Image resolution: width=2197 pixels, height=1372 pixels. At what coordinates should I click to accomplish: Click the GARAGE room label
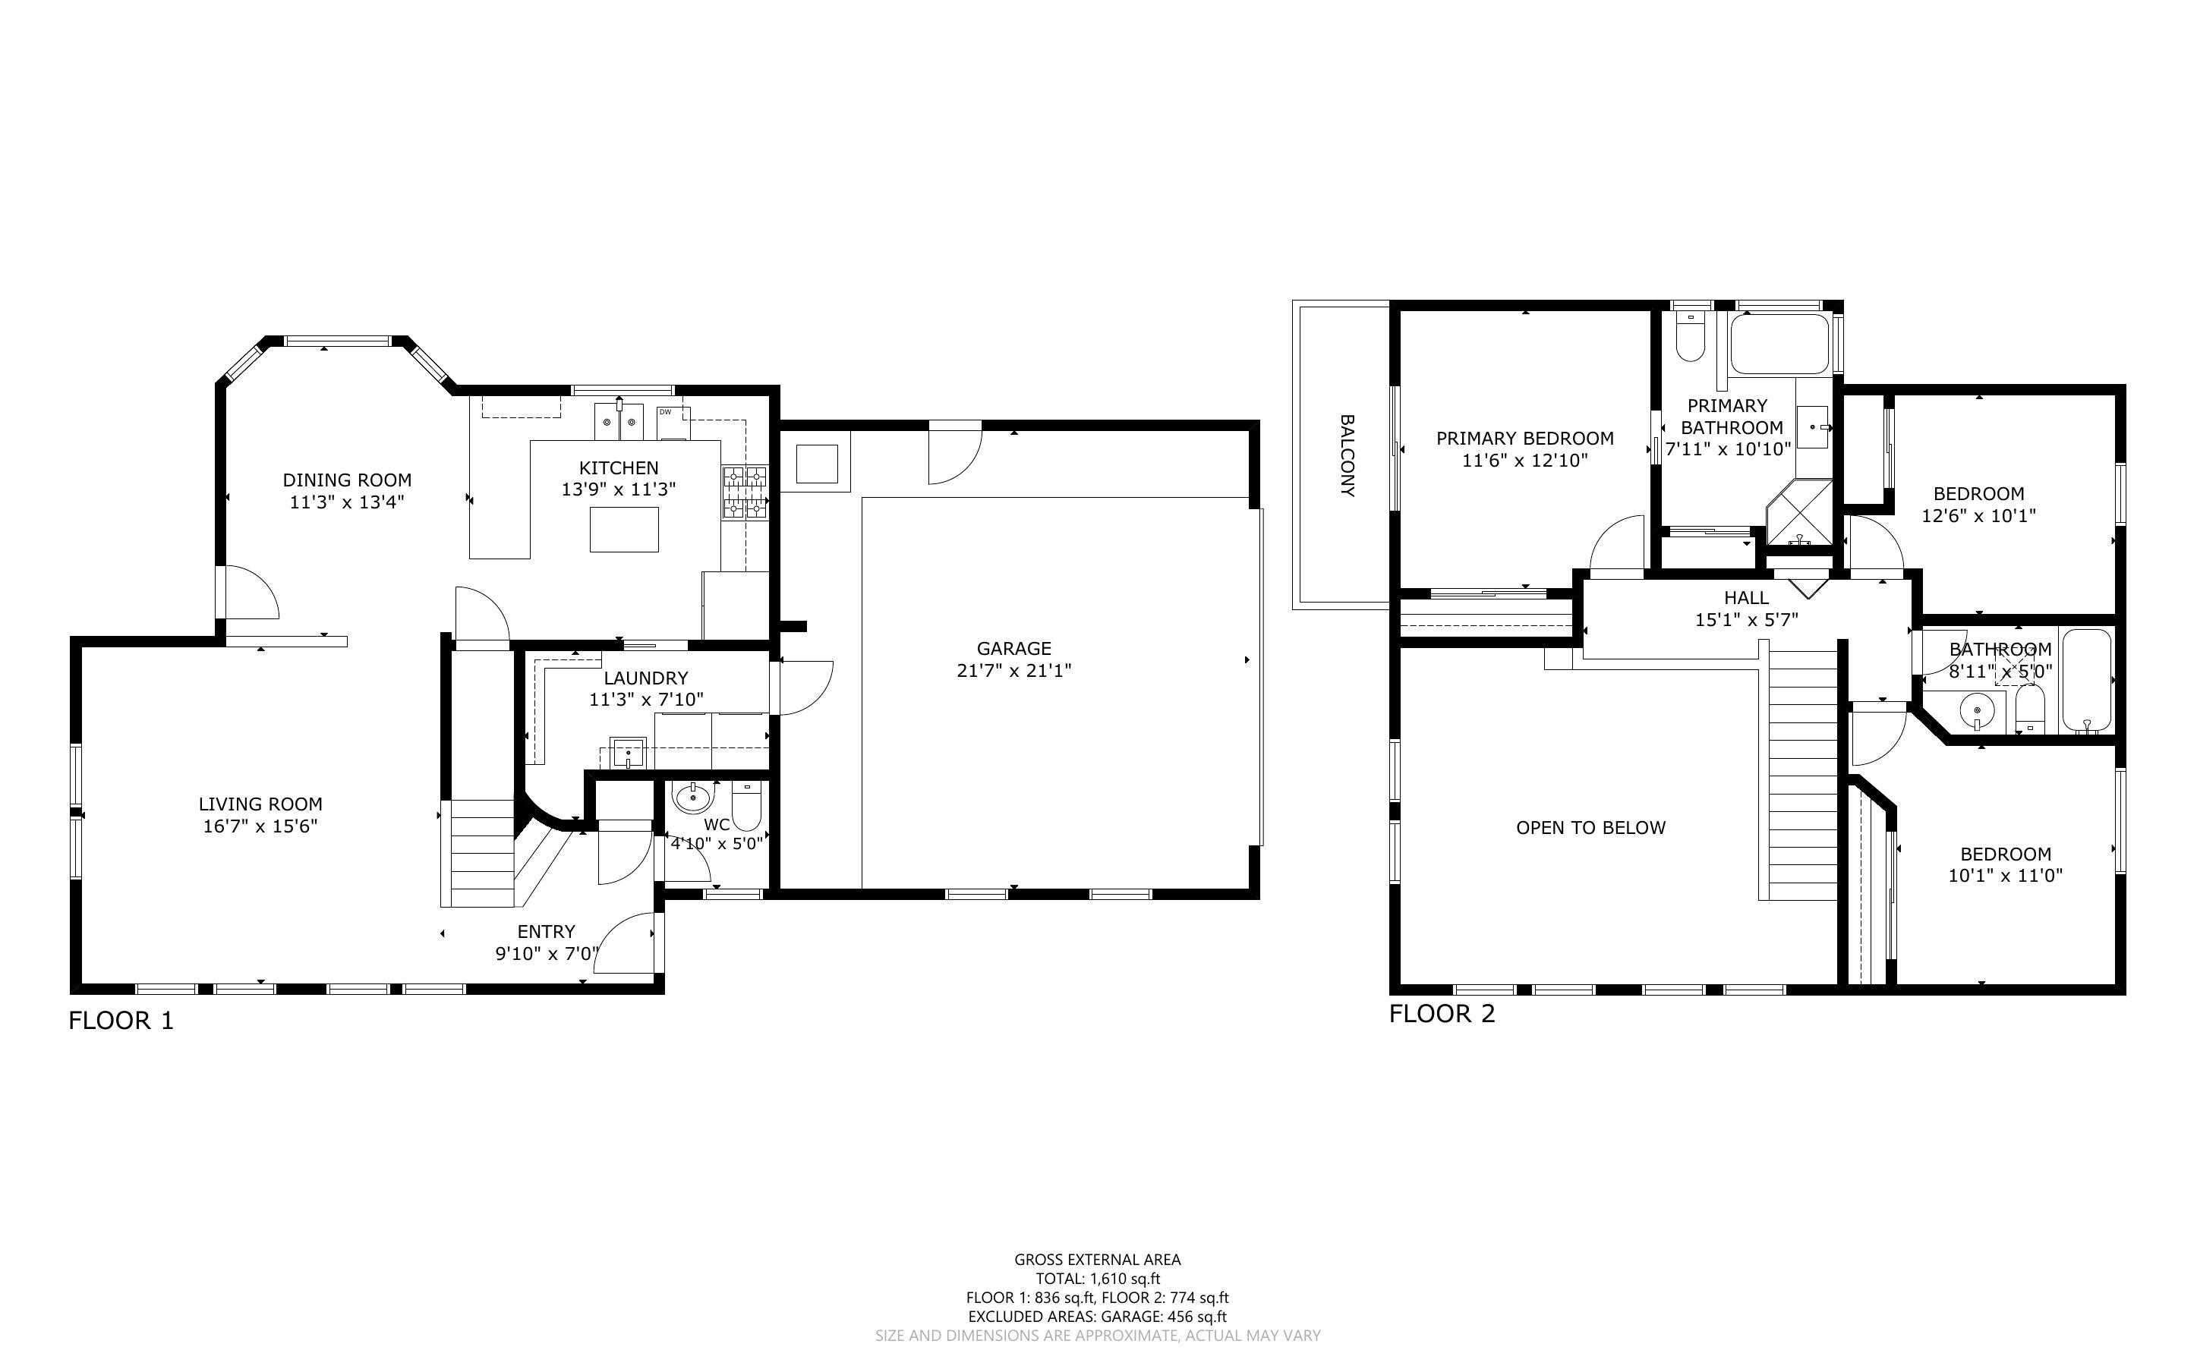pyautogui.click(x=1013, y=649)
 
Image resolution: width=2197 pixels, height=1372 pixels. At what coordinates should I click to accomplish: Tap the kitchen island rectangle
pyautogui.click(x=623, y=530)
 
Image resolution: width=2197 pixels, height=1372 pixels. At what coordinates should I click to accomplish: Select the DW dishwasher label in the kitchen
pyautogui.click(x=665, y=413)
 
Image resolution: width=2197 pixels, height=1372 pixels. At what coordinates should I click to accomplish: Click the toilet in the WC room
pyautogui.click(x=746, y=807)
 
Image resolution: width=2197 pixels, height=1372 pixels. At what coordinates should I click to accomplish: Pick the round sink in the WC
pyautogui.click(x=693, y=798)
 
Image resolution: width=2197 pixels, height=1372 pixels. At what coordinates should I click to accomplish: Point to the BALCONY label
pyautogui.click(x=1347, y=455)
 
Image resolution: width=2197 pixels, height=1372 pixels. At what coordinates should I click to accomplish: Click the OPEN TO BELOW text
pyautogui.click(x=1590, y=828)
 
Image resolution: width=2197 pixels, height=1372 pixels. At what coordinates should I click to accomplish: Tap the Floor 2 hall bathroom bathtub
pyautogui.click(x=2086, y=681)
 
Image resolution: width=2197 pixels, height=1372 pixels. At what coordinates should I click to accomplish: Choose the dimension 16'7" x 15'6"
pyautogui.click(x=260, y=826)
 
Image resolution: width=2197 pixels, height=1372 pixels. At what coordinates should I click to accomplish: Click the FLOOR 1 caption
pyautogui.click(x=121, y=1021)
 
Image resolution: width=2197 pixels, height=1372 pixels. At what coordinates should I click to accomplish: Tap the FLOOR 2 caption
pyautogui.click(x=1441, y=1014)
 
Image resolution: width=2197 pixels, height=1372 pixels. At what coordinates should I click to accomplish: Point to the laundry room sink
pyautogui.click(x=627, y=752)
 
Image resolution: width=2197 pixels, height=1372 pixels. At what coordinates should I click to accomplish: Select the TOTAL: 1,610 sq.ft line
pyautogui.click(x=1097, y=1279)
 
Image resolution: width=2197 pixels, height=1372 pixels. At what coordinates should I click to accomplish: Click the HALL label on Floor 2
pyautogui.click(x=1746, y=598)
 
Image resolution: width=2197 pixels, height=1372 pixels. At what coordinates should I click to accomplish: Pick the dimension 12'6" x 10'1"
pyautogui.click(x=1978, y=516)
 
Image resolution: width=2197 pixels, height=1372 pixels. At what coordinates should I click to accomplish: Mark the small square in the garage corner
pyautogui.click(x=816, y=464)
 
